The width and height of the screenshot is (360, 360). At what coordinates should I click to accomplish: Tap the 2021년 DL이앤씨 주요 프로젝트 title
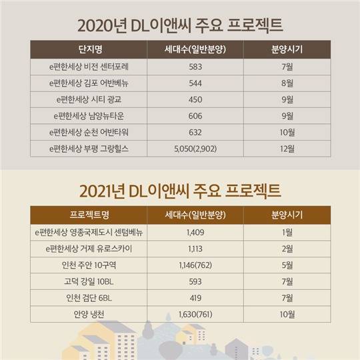[x=180, y=191]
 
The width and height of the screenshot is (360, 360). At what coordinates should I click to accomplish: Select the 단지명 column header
[x=89, y=50]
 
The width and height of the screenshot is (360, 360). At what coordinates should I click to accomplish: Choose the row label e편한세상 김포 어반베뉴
[x=89, y=83]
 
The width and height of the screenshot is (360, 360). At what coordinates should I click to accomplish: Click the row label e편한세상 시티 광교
[x=89, y=99]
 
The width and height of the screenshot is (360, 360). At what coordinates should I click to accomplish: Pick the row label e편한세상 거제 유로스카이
[x=89, y=249]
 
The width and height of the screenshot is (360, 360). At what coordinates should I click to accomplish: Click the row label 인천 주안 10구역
[x=89, y=265]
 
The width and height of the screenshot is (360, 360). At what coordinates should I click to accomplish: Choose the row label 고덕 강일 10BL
[x=89, y=281]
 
